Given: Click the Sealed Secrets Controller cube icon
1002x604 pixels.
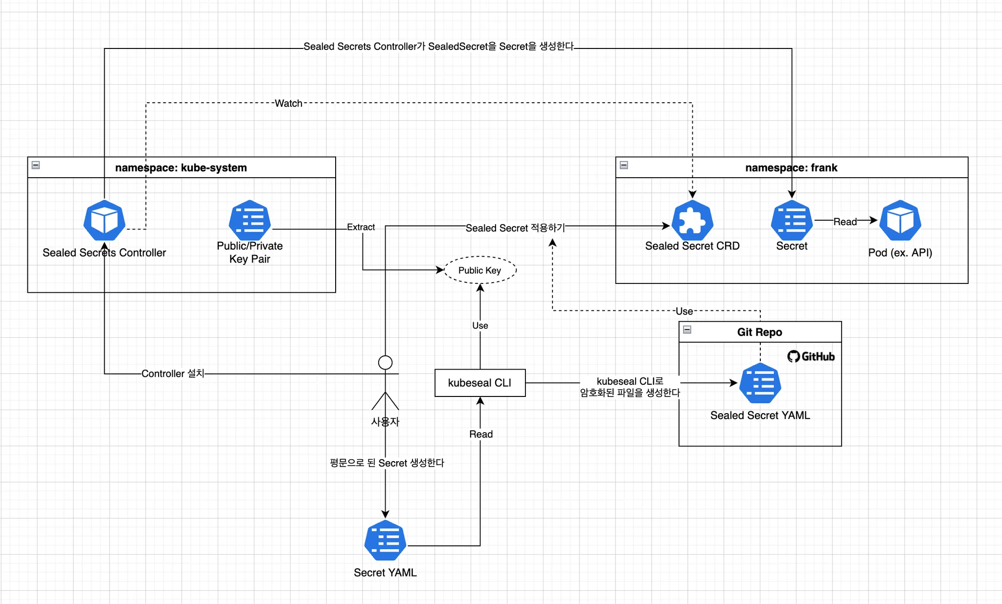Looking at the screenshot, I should click(x=104, y=220).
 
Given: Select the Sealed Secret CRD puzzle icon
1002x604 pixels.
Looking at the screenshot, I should click(x=692, y=220).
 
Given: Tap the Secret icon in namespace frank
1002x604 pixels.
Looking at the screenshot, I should click(x=792, y=220).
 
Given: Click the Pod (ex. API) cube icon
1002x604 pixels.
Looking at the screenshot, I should click(x=900, y=220).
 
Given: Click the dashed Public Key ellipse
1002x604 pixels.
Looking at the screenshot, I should click(x=479, y=270).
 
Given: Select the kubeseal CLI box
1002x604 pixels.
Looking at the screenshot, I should click(x=479, y=383).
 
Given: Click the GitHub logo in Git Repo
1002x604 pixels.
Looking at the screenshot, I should click(x=811, y=356).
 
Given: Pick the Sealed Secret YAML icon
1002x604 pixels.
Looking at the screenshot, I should click(x=760, y=383).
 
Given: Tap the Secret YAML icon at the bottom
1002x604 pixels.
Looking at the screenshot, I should click(x=385, y=540).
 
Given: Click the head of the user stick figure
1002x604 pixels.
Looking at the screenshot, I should click(x=385, y=363).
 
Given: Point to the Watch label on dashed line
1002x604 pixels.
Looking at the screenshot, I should click(x=288, y=103).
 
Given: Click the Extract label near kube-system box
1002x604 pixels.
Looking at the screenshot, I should click(x=361, y=227).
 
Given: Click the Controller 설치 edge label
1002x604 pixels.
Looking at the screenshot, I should click(x=173, y=373).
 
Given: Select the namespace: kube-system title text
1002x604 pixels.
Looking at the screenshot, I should click(x=181, y=168).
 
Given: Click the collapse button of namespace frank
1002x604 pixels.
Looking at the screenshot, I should click(x=624, y=165).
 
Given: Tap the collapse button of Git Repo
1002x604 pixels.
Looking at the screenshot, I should click(x=687, y=329).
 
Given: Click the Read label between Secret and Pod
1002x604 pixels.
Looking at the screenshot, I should click(x=845, y=222).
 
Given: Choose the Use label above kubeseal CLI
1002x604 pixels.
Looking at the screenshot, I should click(x=480, y=325).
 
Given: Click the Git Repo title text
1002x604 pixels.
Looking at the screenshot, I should click(x=759, y=332).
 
